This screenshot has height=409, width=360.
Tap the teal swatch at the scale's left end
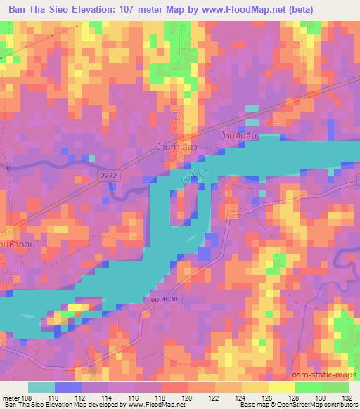(40, 387)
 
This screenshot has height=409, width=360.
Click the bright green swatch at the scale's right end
(335, 387)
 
